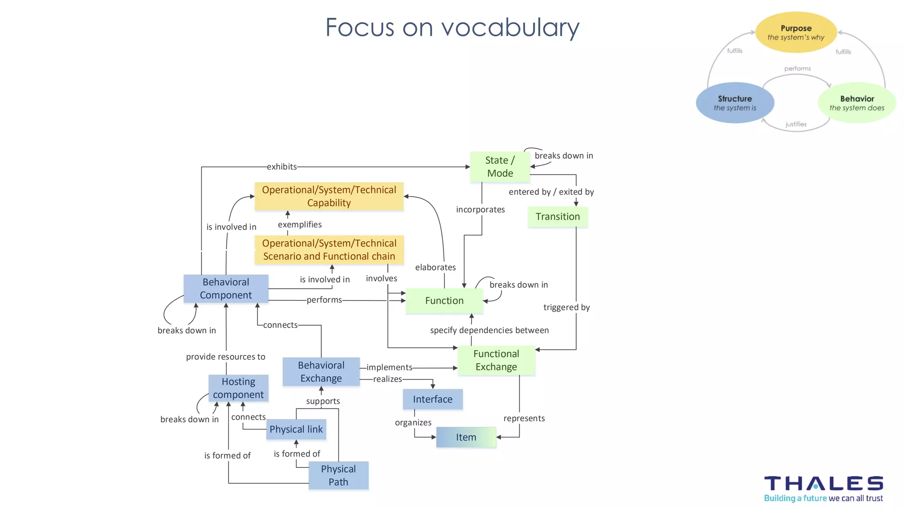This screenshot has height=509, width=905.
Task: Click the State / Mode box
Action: tap(500, 167)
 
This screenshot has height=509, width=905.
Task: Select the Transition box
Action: tap(558, 217)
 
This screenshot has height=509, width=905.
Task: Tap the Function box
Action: tap(444, 300)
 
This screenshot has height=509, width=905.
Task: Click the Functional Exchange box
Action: tap(496, 360)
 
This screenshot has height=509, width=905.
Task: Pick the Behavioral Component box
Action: tap(226, 289)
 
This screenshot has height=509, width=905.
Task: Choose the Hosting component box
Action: tap(238, 388)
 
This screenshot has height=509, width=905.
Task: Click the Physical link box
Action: tap(296, 429)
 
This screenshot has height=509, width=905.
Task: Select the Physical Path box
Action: tap(338, 475)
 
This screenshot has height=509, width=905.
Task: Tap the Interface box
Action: tap(433, 399)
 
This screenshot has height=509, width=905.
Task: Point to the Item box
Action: tap(466, 437)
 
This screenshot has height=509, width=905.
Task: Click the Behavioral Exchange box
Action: tap(321, 372)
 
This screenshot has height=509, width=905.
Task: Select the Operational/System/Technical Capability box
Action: tap(329, 196)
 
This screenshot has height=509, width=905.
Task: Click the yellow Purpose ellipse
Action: tap(796, 32)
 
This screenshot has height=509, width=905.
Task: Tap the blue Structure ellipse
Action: tap(735, 103)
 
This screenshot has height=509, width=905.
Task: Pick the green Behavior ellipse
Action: tap(857, 103)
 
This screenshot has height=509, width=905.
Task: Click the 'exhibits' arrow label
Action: tap(282, 167)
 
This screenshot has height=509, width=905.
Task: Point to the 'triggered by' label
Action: tap(567, 307)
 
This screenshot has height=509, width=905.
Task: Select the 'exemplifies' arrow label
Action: tap(300, 224)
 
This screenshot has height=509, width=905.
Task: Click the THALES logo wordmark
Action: tap(824, 483)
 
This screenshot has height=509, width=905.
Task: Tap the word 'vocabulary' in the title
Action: tap(510, 27)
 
